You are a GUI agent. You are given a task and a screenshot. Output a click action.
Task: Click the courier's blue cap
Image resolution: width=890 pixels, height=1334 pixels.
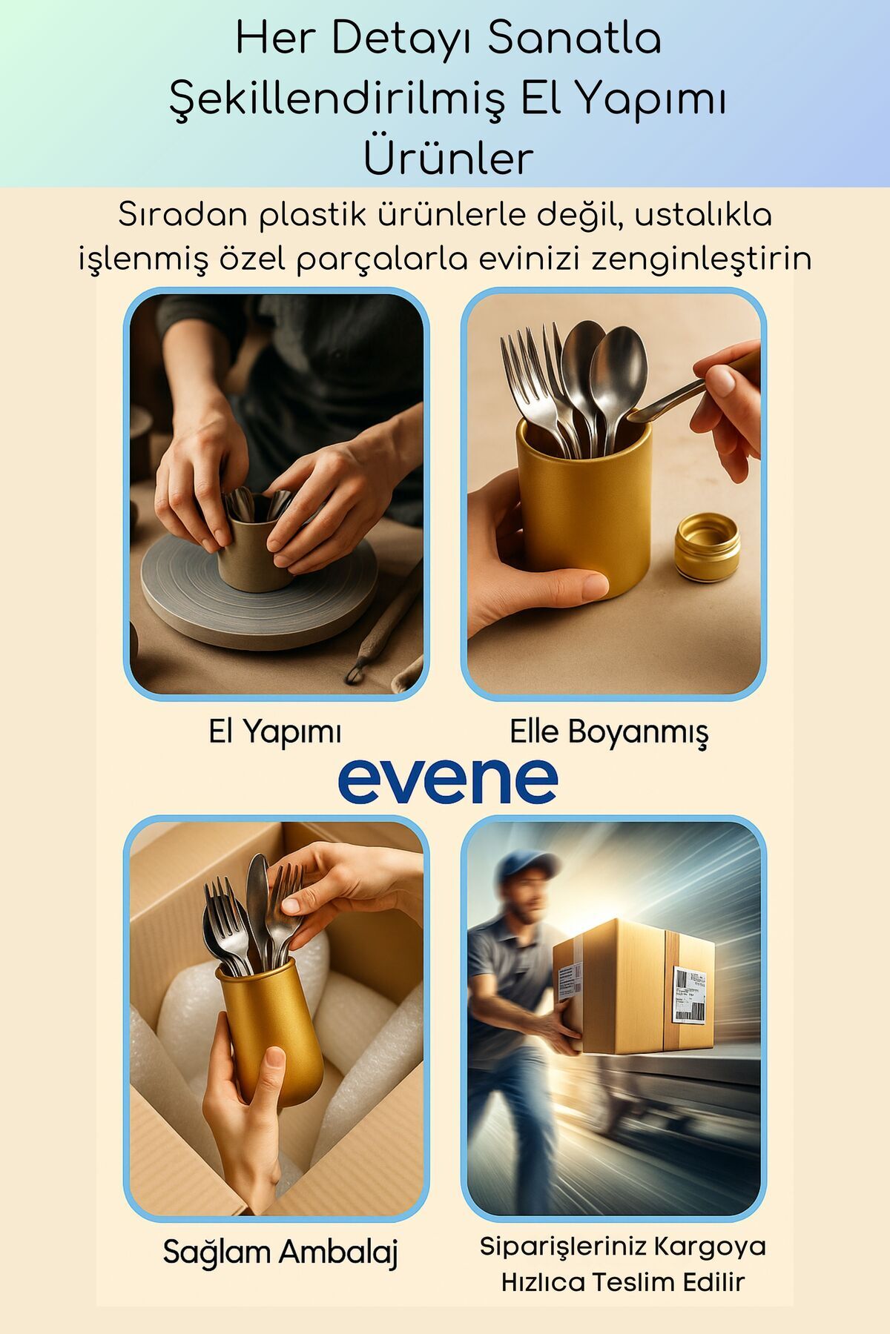click(x=528, y=866)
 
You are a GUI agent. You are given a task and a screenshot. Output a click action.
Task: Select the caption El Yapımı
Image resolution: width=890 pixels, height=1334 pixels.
click(x=275, y=732)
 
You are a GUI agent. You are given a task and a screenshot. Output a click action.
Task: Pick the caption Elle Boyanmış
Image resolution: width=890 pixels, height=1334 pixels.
click(x=609, y=733)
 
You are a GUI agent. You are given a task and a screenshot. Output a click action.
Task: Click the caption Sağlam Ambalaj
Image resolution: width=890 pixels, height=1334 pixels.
click(x=280, y=1252)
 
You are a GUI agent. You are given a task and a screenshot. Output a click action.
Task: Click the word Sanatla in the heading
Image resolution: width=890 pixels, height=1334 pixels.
click(x=574, y=39)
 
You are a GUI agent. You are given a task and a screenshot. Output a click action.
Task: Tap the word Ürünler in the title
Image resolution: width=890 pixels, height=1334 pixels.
click(x=448, y=157)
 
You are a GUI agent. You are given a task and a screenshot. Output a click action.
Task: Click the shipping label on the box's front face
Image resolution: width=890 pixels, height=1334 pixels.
click(x=688, y=995)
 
